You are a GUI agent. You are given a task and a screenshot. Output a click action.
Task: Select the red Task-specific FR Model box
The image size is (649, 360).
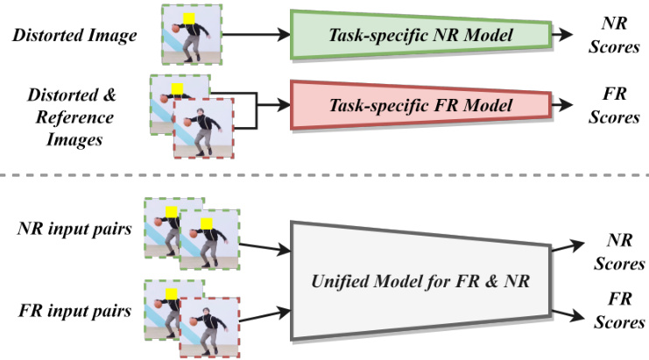[x=419, y=104]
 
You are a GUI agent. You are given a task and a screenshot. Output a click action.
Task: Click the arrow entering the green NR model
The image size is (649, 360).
[x=262, y=36]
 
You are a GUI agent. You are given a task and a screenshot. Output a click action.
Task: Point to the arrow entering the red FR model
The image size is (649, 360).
[x=272, y=103]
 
